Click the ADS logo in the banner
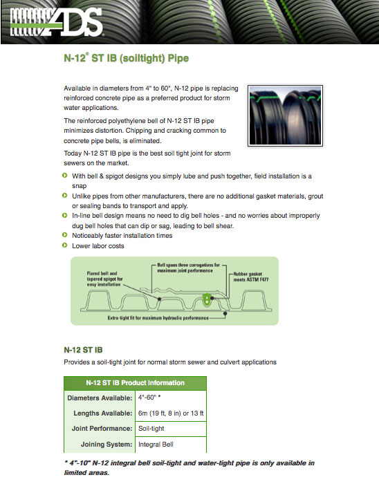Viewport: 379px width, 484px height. click(x=57, y=21)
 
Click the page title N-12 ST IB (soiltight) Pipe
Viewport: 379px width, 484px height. click(x=127, y=58)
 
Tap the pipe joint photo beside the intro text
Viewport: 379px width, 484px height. click(x=285, y=115)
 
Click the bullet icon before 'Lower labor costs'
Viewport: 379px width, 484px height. click(x=64, y=245)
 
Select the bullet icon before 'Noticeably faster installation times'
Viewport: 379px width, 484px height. click(x=64, y=235)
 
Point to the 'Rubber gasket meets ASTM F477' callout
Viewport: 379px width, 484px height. click(x=250, y=277)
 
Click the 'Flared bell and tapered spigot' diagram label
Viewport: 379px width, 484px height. click(x=104, y=279)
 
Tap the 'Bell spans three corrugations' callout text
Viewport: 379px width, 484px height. click(x=188, y=268)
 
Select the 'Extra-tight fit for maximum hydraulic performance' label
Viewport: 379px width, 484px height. click(x=158, y=318)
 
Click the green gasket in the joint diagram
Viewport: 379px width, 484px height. click(x=206, y=299)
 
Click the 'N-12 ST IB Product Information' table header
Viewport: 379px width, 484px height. click(x=135, y=383)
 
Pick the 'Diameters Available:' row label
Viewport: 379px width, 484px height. click(x=100, y=398)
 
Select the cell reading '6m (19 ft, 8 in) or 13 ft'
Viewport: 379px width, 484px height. click(x=171, y=413)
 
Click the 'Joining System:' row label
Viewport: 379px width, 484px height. click(x=107, y=445)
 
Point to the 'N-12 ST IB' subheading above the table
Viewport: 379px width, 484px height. click(x=83, y=350)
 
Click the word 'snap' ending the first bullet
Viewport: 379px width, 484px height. click(x=80, y=186)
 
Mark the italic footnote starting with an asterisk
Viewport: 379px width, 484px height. click(x=189, y=467)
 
